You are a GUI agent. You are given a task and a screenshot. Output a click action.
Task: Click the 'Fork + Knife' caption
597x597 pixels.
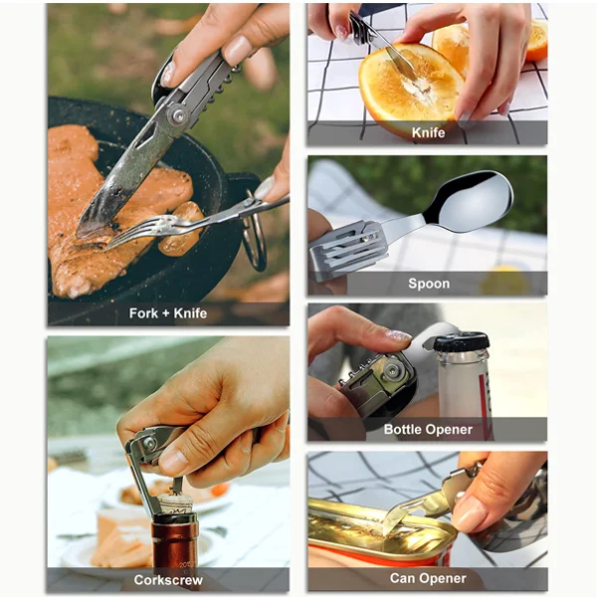[x=168, y=313]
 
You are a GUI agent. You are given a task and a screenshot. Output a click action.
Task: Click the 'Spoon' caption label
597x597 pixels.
[x=428, y=284]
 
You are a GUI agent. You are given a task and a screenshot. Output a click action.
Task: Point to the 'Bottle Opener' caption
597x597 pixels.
[x=428, y=430]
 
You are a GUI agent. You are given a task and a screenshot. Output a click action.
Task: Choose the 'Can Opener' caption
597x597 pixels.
[x=428, y=578]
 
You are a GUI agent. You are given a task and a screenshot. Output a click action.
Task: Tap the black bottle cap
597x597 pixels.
[x=461, y=342]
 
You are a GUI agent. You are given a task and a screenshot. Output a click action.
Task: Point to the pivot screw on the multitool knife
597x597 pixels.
[x=179, y=116]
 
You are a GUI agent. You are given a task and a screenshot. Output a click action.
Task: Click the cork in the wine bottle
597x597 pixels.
[x=175, y=503]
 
